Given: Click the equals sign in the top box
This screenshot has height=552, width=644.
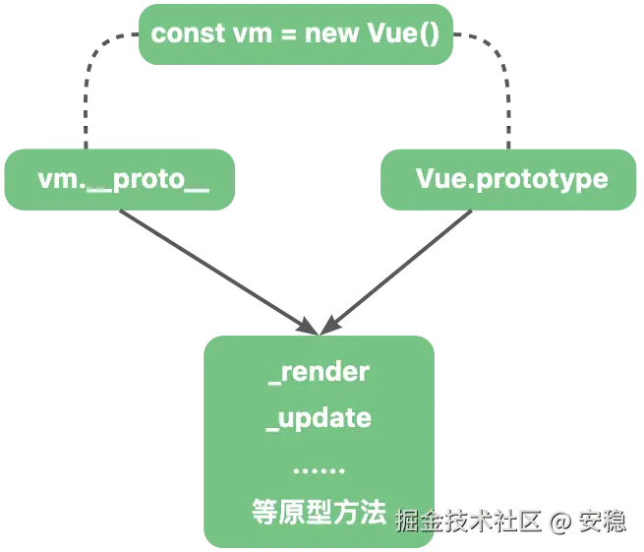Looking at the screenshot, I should click(x=283, y=34).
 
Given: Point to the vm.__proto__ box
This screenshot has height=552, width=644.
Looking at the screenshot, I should click(x=122, y=180).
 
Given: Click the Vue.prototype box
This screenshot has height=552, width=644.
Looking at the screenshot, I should click(x=510, y=180).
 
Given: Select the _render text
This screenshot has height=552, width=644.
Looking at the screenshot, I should click(x=319, y=372).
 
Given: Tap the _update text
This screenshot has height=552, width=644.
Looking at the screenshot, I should click(x=319, y=418).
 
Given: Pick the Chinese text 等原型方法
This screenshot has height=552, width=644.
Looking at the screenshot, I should click(x=318, y=512).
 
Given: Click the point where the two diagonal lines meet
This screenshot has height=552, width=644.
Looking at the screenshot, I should click(x=318, y=326).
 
